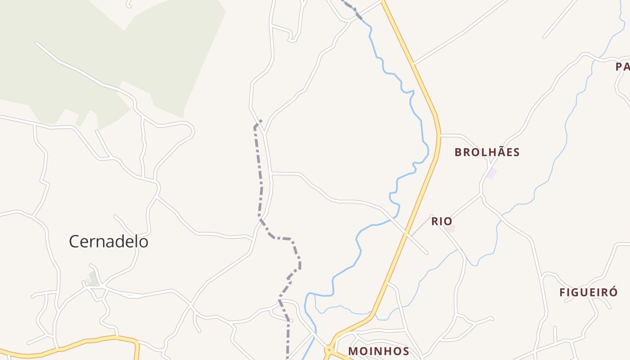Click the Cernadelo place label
coord(108,242)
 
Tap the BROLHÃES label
coord(487,153)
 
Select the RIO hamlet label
coord(441,221)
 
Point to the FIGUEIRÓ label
coord(589,292)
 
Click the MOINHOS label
coord(379,351)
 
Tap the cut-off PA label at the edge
coord(623,67)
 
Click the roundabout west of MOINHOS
coord(329,349)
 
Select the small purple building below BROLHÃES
coord(492,173)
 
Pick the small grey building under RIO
coord(450,229)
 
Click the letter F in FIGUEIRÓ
coord(562,292)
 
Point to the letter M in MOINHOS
coord(354,351)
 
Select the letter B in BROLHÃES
coord(458,153)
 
